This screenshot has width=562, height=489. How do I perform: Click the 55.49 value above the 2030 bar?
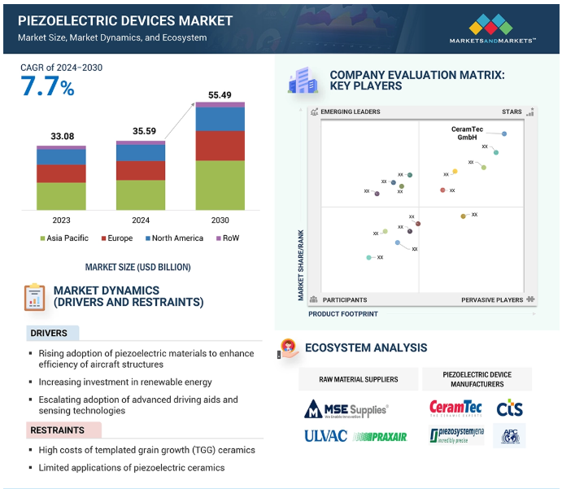tap(220, 95)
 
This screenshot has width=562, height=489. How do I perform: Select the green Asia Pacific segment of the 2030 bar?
tap(220, 185)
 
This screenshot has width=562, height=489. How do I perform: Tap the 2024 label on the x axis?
tap(141, 220)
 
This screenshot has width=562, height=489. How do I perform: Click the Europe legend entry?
tap(118, 238)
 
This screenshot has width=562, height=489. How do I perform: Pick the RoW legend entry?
tap(227, 238)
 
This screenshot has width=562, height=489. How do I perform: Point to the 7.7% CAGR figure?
tap(47, 87)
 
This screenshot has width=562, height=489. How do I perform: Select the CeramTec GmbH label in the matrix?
tap(468, 133)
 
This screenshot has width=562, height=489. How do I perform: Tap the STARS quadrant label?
tap(512, 111)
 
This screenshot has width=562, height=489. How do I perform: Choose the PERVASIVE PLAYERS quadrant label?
tap(492, 300)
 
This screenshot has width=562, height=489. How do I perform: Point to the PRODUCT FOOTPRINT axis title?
tap(342, 313)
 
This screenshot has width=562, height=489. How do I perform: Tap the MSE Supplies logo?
tap(346, 408)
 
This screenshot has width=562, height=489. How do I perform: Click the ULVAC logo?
tap(326, 436)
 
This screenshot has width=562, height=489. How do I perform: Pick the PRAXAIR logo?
tap(381, 437)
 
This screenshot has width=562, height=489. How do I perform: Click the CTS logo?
tap(510, 406)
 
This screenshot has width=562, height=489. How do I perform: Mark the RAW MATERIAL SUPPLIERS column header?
tap(358, 379)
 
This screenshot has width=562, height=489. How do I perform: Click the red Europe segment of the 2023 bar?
tap(61, 173)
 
